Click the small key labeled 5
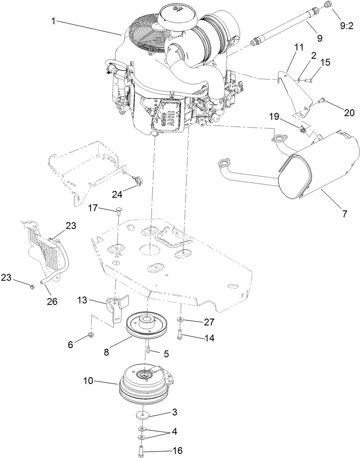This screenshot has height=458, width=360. coord(146,349)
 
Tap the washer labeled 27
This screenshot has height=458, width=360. coord(181,320)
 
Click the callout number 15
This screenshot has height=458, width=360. coord(325,62)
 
